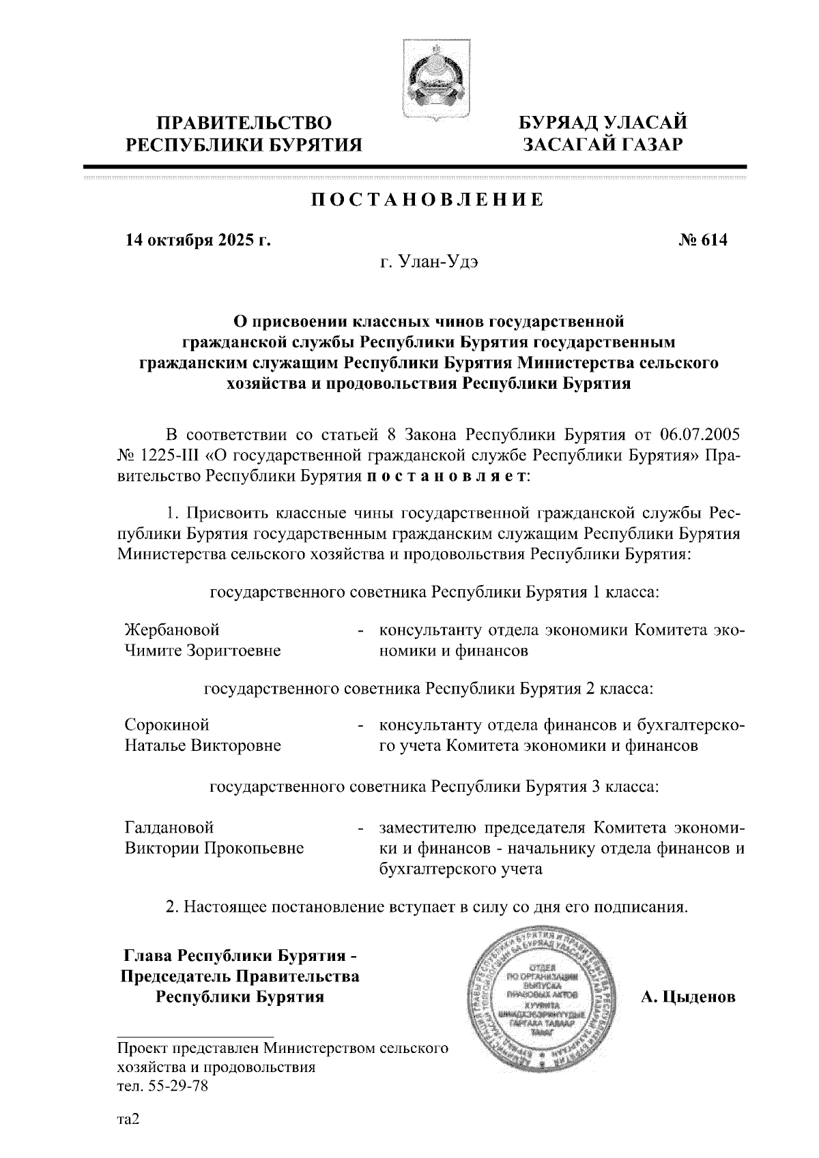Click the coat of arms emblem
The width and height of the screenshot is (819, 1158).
pos(431,81)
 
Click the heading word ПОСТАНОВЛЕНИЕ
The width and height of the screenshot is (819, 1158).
pos(428,200)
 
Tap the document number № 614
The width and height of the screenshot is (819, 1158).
pos(703,240)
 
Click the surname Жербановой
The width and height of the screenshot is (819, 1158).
pos(173,629)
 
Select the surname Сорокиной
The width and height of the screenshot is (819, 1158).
pos(167,724)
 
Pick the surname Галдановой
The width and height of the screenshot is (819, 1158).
pos(169,827)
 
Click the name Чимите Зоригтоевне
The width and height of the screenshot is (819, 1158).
pos(203,650)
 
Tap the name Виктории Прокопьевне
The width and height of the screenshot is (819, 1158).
pos(214,848)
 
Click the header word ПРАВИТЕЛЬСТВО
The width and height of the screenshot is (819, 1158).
pos(245,123)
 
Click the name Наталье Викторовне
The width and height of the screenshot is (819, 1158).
pos(203,745)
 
